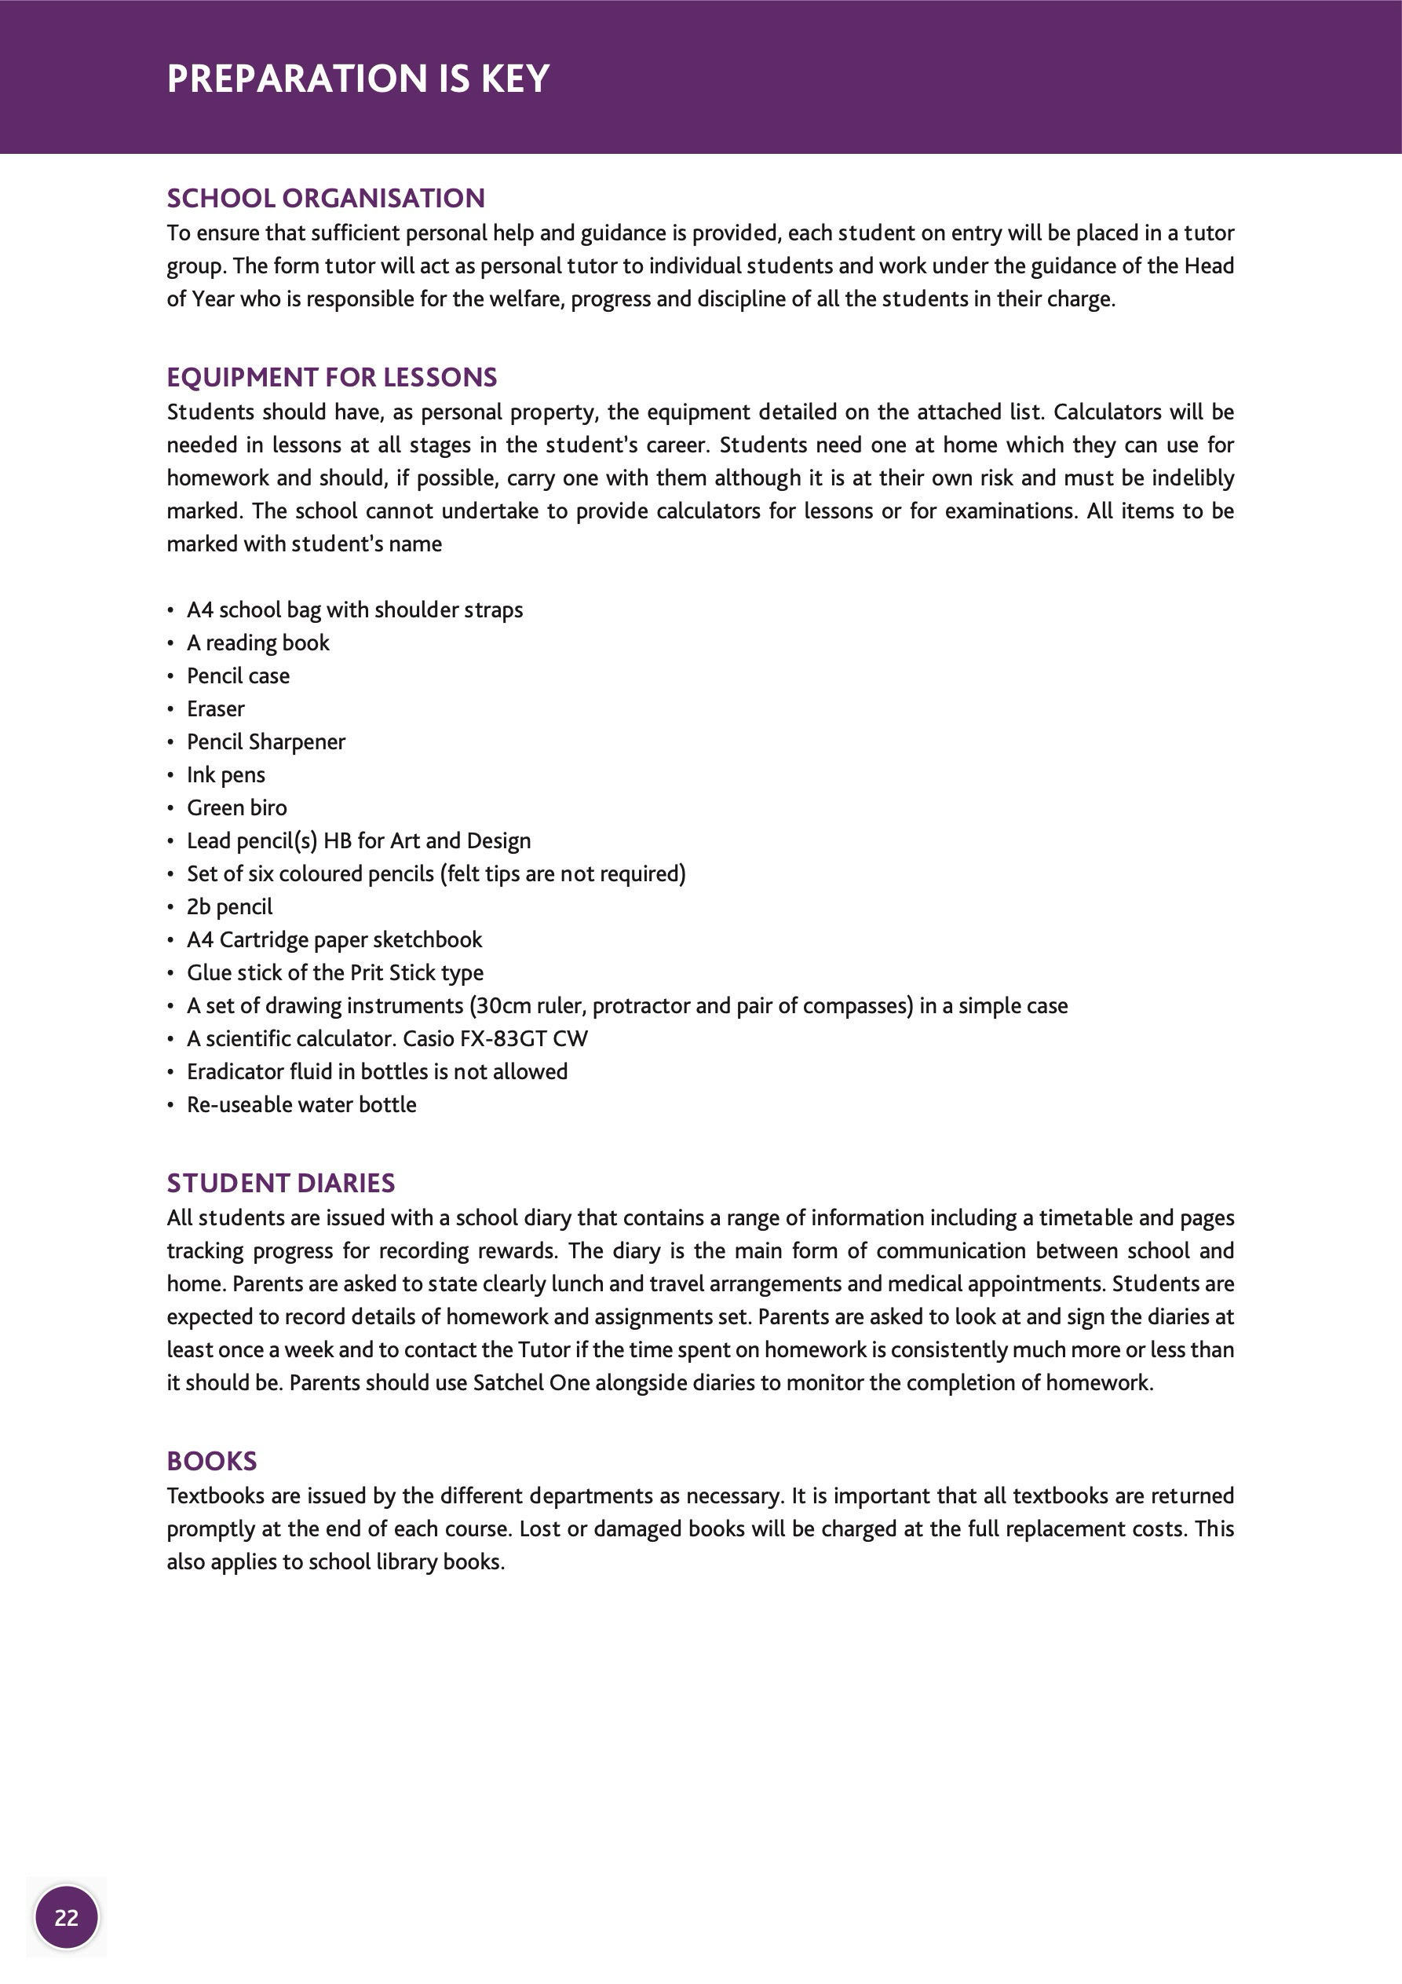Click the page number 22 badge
tap(67, 1917)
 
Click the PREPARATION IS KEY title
tap(358, 79)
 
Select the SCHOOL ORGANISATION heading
tap(326, 198)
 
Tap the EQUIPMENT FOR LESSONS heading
tap(332, 377)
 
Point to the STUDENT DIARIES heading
tap(281, 1182)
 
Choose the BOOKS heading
tap(212, 1460)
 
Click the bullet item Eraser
tap(216, 708)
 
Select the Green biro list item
tap(237, 807)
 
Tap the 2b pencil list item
tap(229, 906)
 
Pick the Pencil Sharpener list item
tap(266, 741)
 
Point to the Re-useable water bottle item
tap(301, 1104)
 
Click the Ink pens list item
tap(225, 774)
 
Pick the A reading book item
tap(258, 643)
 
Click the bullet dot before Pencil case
tap(170, 676)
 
